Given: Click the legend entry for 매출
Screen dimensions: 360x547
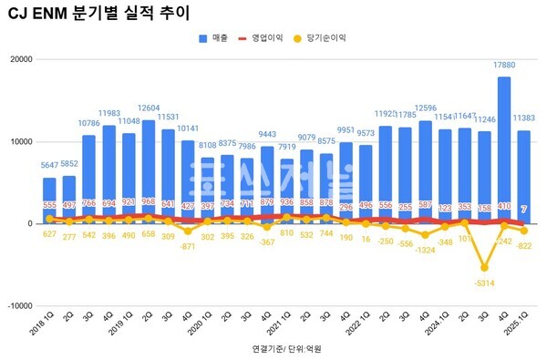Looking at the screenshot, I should tap(217, 38).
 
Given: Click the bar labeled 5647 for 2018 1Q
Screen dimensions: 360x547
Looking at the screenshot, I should tap(49, 201).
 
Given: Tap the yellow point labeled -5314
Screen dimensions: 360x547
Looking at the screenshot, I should tap(485, 268).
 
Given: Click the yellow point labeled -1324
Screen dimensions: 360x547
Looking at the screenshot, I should tap(426, 235).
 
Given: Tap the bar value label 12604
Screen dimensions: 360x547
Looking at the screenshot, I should tap(149, 111).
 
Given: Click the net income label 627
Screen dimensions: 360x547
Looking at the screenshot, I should tap(49, 234).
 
